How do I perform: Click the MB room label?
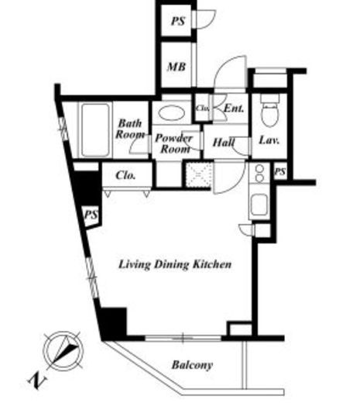tap(177, 67)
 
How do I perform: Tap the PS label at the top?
tap(178, 21)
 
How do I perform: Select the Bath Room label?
tap(130, 129)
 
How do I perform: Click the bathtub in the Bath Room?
tap(95, 130)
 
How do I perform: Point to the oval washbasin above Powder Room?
tap(171, 113)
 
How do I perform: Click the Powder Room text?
tap(174, 143)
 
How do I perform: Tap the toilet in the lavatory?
tap(270, 111)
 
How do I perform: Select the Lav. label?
tap(269, 140)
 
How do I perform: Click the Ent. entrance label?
tap(234, 108)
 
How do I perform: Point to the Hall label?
tap(224, 143)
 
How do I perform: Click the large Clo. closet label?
tap(125, 175)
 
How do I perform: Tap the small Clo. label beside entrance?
tap(202, 108)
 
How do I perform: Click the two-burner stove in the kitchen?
tap(260, 173)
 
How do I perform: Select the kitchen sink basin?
tap(259, 205)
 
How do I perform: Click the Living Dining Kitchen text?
tap(175, 264)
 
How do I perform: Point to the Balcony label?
tap(192, 365)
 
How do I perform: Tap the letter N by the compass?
tap(37, 381)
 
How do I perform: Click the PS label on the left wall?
tap(91, 215)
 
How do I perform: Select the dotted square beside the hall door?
tap(199, 174)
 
